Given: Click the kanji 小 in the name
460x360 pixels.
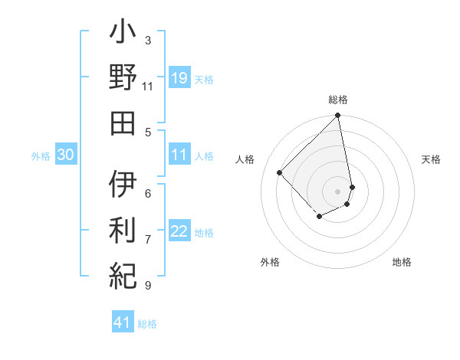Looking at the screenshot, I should tap(123, 34).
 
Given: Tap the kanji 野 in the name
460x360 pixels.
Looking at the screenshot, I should tap(123, 79).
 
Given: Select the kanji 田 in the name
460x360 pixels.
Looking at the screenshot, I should tap(123, 123).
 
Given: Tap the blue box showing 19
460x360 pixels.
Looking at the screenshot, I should tap(179, 78).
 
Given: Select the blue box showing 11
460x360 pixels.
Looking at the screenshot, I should tap(179, 155).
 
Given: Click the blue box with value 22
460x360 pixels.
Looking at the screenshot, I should tap(179, 232).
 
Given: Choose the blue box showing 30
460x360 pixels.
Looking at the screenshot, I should tap(65, 155).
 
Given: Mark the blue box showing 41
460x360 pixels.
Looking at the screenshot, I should tap(123, 322).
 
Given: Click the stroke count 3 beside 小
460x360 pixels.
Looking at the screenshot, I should tap(147, 40).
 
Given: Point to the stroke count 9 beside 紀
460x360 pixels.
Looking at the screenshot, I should tap(147, 286).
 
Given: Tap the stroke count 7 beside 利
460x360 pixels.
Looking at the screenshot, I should tap(147, 240).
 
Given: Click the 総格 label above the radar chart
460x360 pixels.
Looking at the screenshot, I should tap(338, 100).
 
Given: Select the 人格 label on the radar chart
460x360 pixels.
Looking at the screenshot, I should tap(245, 159).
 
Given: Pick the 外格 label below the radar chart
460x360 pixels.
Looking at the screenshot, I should tap(270, 262).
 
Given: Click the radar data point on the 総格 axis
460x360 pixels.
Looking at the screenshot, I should tap(337, 116).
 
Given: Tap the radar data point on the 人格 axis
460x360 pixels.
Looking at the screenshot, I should tap(280, 172).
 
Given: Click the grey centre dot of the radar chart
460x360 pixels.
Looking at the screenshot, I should tap(337, 191).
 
